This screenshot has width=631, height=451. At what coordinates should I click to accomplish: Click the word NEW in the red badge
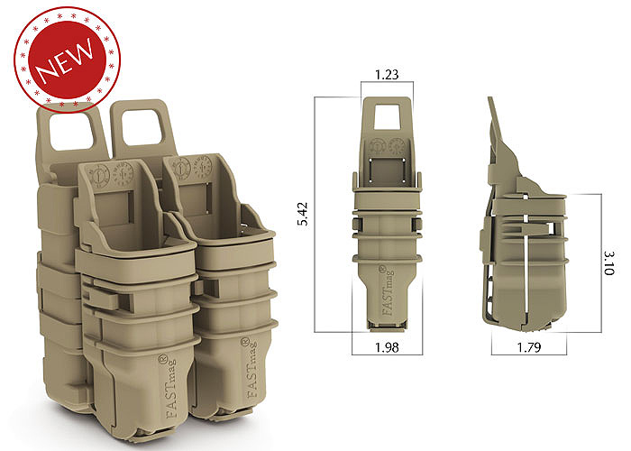[x=64, y=64]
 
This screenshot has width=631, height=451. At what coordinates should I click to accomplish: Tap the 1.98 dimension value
[x=386, y=346]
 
